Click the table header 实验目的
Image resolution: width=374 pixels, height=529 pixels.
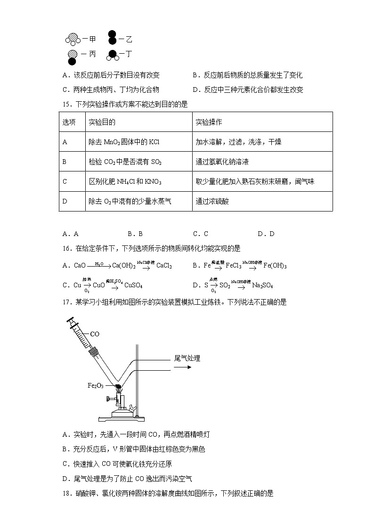click(102, 122)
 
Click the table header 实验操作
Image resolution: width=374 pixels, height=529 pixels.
click(209, 122)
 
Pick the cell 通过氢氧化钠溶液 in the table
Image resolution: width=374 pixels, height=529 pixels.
click(222, 162)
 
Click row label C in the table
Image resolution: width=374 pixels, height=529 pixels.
click(65, 181)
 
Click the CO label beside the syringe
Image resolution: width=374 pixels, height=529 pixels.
click(94, 334)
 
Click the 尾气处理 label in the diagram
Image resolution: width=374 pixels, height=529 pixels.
click(187, 358)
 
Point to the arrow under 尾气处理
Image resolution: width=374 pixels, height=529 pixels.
click(182, 367)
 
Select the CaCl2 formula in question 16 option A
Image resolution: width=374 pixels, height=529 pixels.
click(164, 266)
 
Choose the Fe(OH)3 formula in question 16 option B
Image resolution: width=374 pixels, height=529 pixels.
click(276, 266)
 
